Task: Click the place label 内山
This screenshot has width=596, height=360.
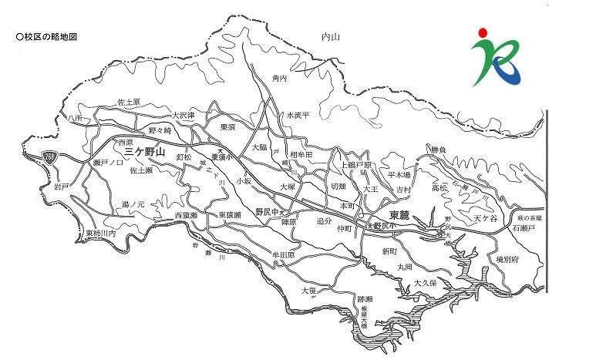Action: coord(330,36)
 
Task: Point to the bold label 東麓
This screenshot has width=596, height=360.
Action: coord(399,215)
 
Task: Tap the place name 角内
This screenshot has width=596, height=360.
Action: coord(279,79)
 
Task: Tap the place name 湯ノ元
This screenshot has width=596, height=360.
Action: coord(133,204)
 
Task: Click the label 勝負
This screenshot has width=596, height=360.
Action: coord(438,149)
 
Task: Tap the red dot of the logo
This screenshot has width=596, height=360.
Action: coord(482,32)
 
